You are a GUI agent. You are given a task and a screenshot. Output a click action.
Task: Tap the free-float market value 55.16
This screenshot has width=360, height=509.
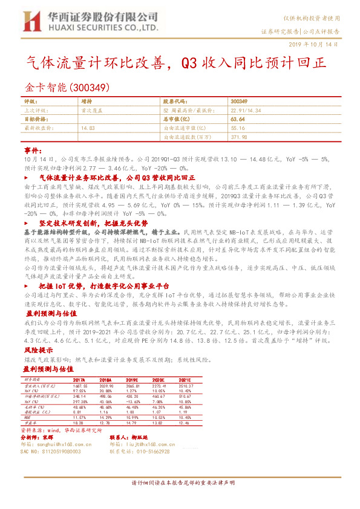(x=238, y=128)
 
